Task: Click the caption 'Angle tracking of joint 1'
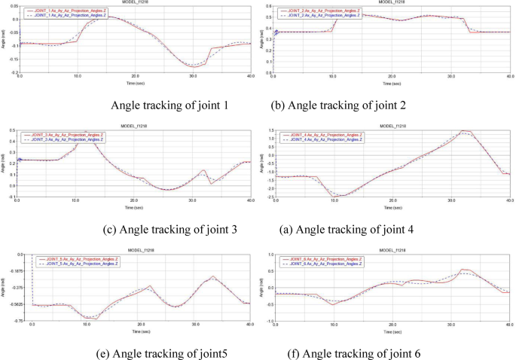pos(174,105)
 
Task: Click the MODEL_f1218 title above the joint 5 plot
pos(136,251)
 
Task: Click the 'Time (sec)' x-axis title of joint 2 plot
pos(392,84)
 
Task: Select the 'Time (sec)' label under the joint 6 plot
pos(392,331)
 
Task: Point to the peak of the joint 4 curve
pos(466,132)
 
